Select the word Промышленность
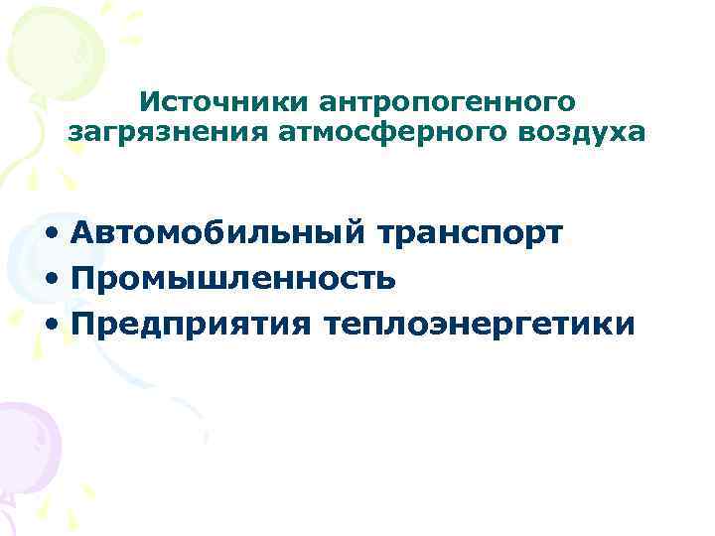pyautogui.click(x=234, y=279)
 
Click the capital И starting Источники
pyautogui.click(x=148, y=101)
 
